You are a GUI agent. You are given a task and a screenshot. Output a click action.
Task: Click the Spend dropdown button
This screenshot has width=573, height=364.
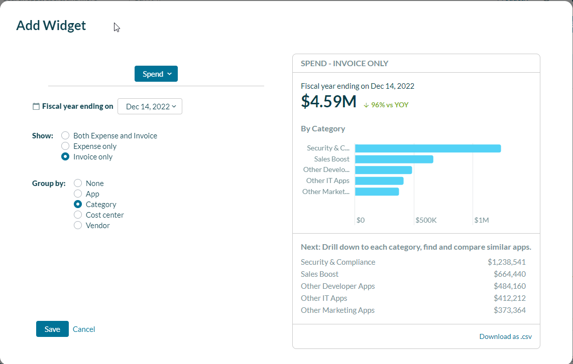(156, 74)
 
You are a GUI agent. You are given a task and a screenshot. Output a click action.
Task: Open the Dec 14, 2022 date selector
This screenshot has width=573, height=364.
(150, 106)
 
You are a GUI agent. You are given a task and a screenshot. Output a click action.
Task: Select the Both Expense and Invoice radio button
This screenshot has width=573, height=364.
(65, 135)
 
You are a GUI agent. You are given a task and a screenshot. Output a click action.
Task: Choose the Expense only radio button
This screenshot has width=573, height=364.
(65, 146)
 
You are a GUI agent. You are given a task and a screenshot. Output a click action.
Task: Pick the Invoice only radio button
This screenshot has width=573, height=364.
(65, 156)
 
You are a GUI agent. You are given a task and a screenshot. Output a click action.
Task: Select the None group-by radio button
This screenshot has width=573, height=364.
(78, 183)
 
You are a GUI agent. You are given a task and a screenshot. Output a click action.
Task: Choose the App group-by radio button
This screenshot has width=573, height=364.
(78, 194)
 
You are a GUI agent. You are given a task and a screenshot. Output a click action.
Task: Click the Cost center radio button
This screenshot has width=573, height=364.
(78, 215)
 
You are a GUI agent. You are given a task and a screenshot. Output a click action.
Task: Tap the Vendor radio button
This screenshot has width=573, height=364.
(78, 225)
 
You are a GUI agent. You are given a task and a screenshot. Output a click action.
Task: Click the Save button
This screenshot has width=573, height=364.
(52, 329)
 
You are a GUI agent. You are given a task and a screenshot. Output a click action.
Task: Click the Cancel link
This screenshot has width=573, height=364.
(84, 329)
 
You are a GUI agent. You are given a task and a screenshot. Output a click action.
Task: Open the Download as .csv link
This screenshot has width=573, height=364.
(505, 336)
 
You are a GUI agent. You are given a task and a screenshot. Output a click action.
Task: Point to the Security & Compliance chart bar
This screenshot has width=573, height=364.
(427, 148)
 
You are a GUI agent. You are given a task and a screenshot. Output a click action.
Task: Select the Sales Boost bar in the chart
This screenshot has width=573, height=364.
(394, 159)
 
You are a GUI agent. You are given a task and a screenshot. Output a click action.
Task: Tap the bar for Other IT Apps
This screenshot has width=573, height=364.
(379, 180)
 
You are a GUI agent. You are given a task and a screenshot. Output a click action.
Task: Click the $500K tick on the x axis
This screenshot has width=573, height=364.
(426, 220)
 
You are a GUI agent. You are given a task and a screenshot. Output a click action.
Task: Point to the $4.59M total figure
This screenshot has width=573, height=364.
(328, 101)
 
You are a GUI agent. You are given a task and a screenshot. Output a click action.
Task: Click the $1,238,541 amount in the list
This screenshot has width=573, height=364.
(506, 262)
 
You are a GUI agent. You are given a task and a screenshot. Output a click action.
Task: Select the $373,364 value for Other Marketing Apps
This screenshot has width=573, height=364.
(509, 310)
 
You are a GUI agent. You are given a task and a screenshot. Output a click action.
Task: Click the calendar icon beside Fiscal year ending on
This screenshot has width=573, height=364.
(36, 106)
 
